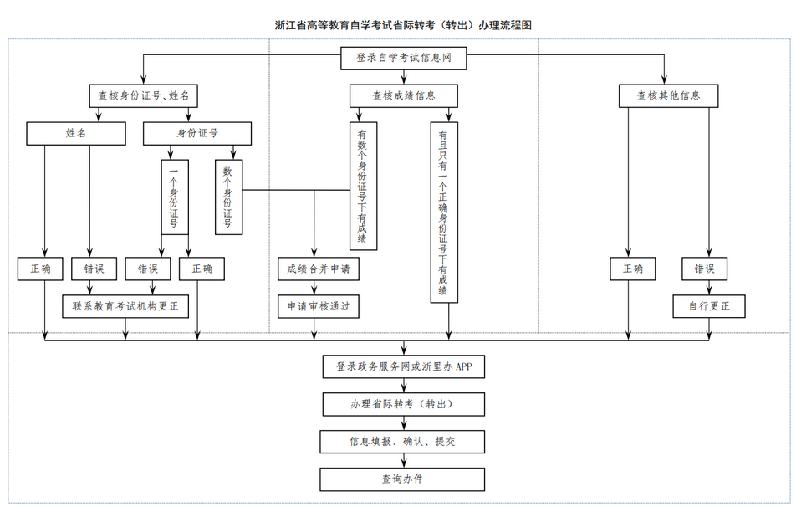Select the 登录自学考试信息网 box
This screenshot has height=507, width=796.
click(x=403, y=59)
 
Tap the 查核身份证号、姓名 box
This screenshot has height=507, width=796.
click(x=143, y=95)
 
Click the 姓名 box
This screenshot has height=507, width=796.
click(x=76, y=133)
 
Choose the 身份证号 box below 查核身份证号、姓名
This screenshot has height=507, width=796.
click(x=197, y=133)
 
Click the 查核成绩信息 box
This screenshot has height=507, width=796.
click(x=403, y=95)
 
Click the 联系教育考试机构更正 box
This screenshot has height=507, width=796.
click(x=125, y=307)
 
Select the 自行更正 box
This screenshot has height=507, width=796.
click(x=709, y=307)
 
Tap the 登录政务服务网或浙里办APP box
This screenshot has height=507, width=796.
click(x=403, y=366)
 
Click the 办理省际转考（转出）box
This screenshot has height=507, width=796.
click(x=403, y=404)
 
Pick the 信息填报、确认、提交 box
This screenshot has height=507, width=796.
click(x=403, y=442)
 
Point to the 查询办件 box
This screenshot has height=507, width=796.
click(x=403, y=479)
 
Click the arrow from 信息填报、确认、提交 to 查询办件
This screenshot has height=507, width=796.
click(x=403, y=460)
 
